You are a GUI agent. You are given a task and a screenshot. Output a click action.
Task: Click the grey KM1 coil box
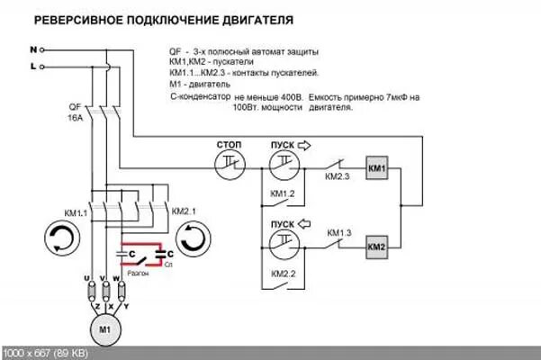376,168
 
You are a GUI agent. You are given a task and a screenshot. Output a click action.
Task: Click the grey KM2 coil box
376,246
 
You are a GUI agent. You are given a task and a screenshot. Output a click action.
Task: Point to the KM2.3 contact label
338,178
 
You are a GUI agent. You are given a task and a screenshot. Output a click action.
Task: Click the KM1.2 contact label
283,194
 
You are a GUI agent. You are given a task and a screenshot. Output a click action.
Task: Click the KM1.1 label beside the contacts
76,212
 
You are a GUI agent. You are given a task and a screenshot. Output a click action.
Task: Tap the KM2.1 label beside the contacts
183,211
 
